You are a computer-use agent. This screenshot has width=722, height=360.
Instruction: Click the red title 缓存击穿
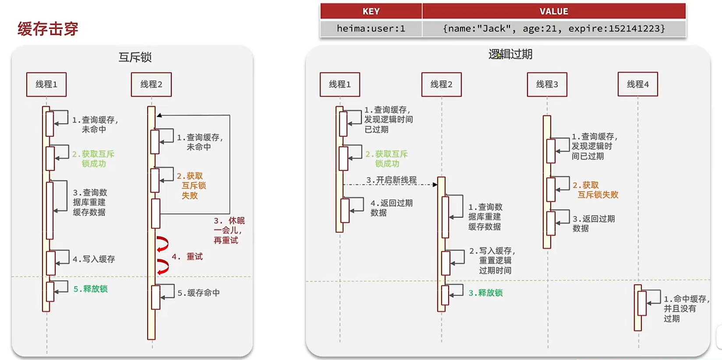point(48,29)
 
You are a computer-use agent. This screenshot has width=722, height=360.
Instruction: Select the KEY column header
point(371,11)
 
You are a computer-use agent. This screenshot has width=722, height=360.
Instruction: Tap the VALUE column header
point(554,11)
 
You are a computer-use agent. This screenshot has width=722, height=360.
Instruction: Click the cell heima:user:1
point(371,29)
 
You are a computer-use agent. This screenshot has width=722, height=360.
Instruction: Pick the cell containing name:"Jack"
point(554,29)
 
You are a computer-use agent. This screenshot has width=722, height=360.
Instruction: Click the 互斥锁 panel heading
point(135,57)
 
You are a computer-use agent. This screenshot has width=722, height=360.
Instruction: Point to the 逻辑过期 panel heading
point(510,54)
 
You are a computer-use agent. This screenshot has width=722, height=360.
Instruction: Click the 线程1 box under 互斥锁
point(46,85)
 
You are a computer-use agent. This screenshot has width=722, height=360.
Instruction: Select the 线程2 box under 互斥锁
point(151,85)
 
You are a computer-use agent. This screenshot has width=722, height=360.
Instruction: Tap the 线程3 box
point(547,85)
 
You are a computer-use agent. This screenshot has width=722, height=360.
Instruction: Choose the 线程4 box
point(637,85)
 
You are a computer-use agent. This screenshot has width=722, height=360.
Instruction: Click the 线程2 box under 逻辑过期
point(441,85)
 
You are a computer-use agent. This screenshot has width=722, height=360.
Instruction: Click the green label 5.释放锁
point(90,289)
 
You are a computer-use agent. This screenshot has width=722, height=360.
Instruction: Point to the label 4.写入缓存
point(94,259)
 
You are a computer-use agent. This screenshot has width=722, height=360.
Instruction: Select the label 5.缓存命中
point(198,293)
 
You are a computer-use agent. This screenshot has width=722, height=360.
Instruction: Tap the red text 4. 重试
point(187,257)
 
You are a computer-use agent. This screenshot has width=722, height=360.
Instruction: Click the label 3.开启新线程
point(391,180)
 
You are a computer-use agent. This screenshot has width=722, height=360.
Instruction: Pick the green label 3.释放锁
point(485,293)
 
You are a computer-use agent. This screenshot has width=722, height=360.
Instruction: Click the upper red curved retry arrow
point(163,244)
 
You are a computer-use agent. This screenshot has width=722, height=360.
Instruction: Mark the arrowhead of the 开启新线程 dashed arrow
point(435,185)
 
